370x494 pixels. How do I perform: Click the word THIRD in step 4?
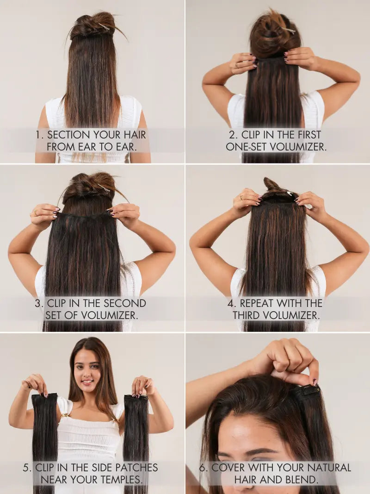(247, 315)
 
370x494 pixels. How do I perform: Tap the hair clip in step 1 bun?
(104, 27)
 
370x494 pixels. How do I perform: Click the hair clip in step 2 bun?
(289, 31)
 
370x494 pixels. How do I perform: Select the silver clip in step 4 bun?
(288, 193)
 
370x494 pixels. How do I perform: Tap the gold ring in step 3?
(36, 213)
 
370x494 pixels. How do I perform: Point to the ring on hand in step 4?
(241, 198)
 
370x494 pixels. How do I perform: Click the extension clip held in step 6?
(305, 392)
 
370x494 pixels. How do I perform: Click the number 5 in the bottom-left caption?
(26, 468)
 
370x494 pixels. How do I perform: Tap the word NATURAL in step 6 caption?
(329, 468)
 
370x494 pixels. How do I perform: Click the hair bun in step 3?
(89, 184)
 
